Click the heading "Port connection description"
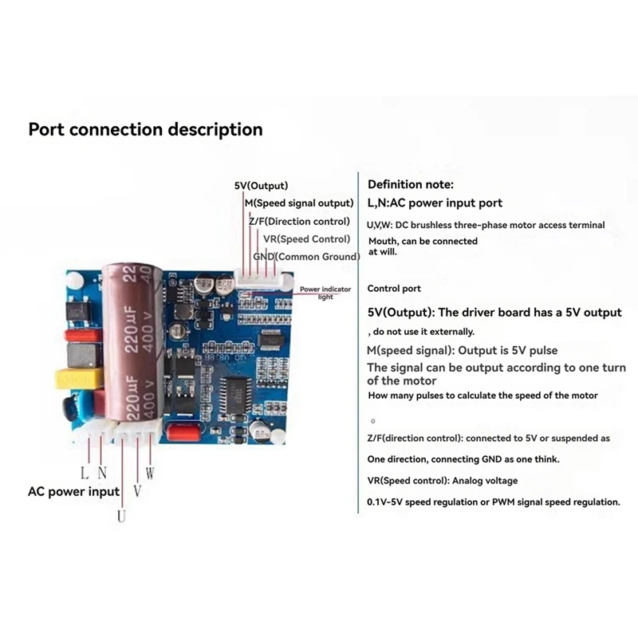click(145, 129)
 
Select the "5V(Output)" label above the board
click(261, 186)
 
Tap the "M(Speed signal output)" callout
click(299, 203)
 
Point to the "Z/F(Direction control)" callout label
click(299, 221)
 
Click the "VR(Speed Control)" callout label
click(306, 238)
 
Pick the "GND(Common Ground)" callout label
click(303, 256)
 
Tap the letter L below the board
click(84, 473)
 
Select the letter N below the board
click(102, 473)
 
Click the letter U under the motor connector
click(122, 515)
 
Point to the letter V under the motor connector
click(137, 491)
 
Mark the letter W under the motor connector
click(149, 473)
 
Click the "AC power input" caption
click(73, 491)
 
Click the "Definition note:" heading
click(411, 184)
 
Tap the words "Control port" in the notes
click(394, 289)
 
